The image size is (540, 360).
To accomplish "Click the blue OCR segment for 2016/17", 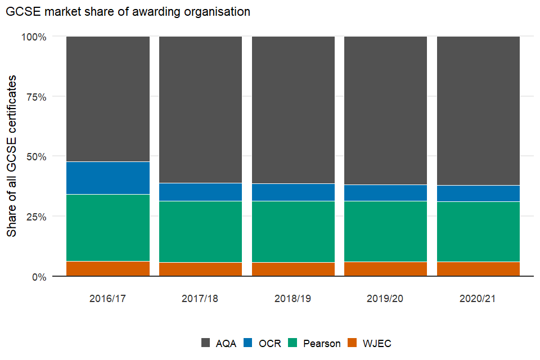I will tap(108, 178).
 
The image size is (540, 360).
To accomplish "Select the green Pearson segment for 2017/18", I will tap(200, 231).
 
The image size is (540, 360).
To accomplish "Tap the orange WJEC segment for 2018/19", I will tap(293, 269).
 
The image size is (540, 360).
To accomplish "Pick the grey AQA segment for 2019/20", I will tap(385, 110).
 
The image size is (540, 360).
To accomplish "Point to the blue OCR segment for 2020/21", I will tap(478, 193).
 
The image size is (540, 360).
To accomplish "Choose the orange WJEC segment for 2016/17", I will tap(108, 268).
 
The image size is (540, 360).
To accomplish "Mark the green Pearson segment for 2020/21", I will tap(478, 231).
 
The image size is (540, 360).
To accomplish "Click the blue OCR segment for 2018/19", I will tap(293, 192).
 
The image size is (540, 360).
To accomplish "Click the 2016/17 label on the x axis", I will tap(107, 299).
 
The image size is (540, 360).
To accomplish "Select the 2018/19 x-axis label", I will tap(293, 299).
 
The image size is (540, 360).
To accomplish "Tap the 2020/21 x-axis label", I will tap(478, 299).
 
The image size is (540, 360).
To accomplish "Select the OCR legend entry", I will tap(263, 343).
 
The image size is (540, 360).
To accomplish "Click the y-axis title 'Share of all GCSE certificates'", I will tap(12, 156).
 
